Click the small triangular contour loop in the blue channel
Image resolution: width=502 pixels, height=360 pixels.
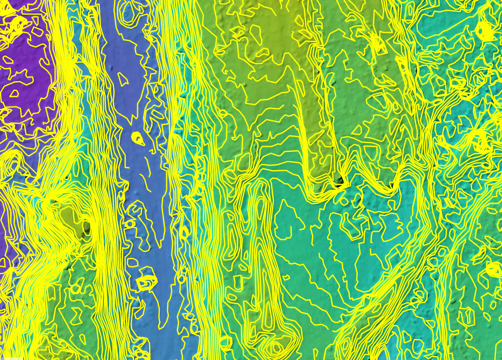[x=123, y=79]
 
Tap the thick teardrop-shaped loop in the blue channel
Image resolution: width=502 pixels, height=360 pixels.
[x=138, y=138]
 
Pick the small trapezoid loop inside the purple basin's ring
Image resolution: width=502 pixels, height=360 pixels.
[x=14, y=93]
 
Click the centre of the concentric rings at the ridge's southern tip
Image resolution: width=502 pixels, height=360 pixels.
[x=276, y=347]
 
